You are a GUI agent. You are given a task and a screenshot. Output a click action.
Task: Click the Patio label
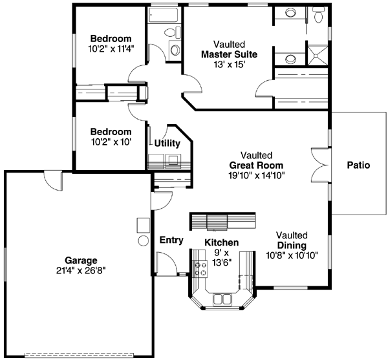[358, 165]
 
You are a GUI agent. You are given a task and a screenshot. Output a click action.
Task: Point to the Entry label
[171, 240]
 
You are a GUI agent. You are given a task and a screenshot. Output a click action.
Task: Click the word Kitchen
[222, 242]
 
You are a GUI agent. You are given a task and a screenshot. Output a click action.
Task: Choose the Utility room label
[167, 143]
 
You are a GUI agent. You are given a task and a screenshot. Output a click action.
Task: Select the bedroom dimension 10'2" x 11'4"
[110, 48]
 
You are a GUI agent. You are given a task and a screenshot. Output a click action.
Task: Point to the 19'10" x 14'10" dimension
[256, 175]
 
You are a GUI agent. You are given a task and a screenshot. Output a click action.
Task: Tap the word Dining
[291, 245]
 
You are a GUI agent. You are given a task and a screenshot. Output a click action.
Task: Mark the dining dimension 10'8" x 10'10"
[292, 255]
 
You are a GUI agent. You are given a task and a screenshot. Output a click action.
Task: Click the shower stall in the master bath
[317, 53]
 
